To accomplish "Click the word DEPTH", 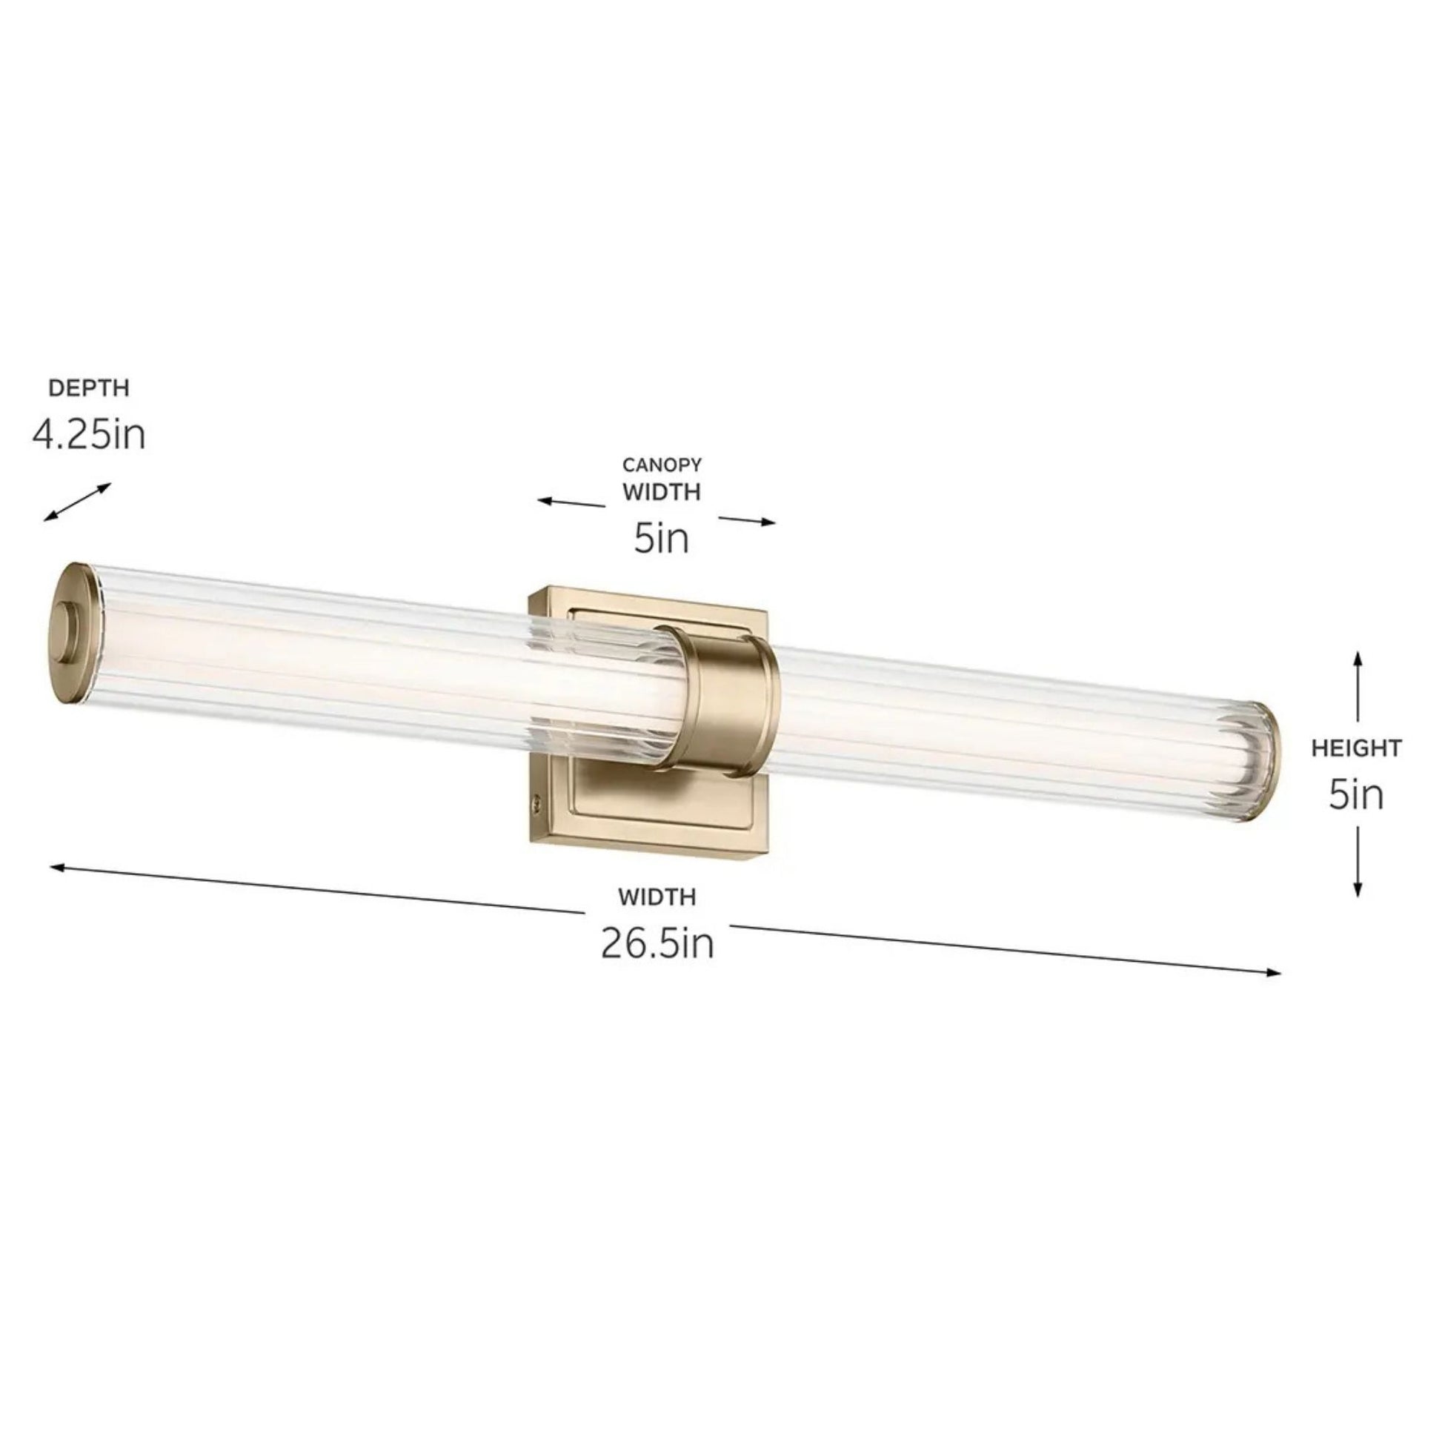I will click(x=89, y=388).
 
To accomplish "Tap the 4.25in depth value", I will click(x=89, y=434).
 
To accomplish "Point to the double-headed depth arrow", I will click(x=77, y=502).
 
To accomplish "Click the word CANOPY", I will click(x=662, y=465).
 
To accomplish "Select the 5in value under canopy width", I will click(x=661, y=539).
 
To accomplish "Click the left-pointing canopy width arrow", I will click(x=572, y=502).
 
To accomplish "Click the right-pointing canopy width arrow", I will click(x=747, y=520).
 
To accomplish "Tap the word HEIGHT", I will click(x=1356, y=748).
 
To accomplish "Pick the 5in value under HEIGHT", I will click(x=1355, y=796).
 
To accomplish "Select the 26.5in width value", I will click(x=657, y=944).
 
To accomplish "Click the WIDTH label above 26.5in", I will click(x=657, y=897).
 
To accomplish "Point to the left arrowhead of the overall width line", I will click(x=57, y=867).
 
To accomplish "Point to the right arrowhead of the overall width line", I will click(x=1275, y=972).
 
